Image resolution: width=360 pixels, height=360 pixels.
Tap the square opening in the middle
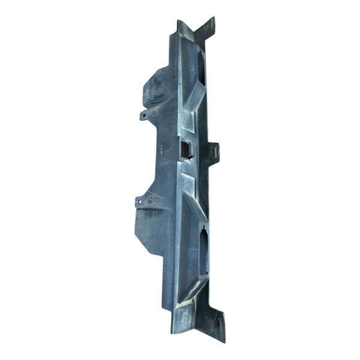point(185,149)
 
